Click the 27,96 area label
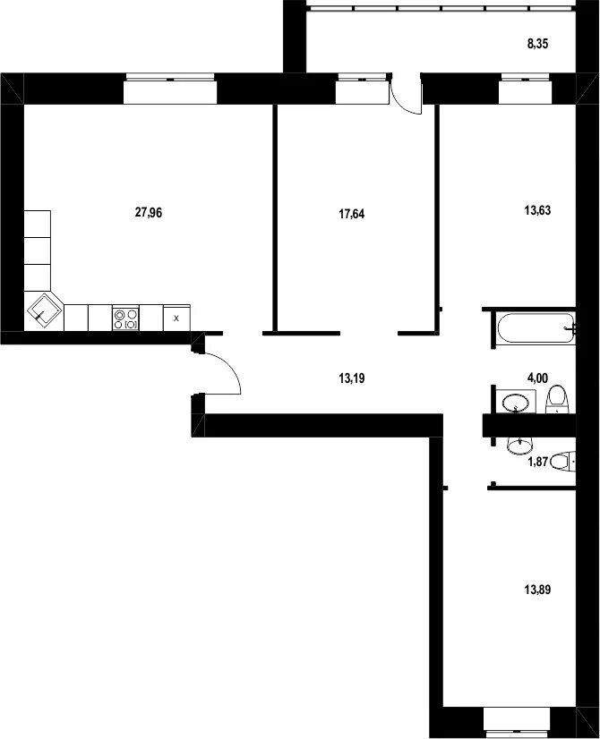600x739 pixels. (x=149, y=213)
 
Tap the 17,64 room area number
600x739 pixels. (x=351, y=215)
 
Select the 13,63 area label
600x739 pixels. (x=537, y=210)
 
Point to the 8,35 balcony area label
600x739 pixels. (x=537, y=45)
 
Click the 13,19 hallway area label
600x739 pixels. (x=351, y=378)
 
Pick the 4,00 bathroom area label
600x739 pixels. (x=537, y=378)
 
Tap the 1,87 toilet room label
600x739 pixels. (x=537, y=462)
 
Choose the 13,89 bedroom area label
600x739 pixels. (x=537, y=590)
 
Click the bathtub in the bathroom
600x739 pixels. (x=536, y=328)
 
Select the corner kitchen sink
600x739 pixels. (x=45, y=311)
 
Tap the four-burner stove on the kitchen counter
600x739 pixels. (x=125, y=319)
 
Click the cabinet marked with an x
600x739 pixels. (x=176, y=319)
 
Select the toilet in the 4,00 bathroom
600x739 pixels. (x=558, y=399)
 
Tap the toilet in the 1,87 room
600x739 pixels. (x=562, y=462)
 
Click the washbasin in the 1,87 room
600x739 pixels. (x=520, y=445)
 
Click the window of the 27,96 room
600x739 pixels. (x=170, y=89)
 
